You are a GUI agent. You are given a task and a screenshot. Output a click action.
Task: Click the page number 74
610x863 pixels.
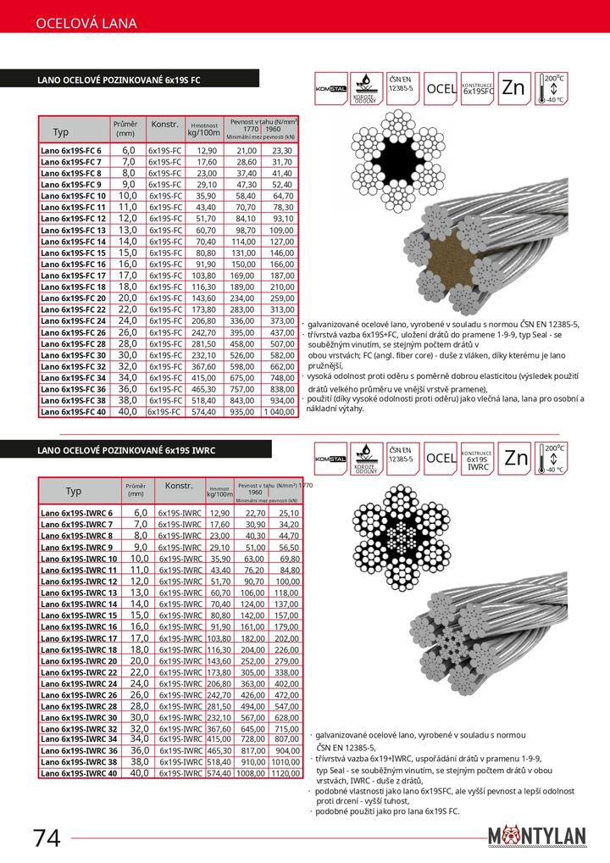coord(47,838)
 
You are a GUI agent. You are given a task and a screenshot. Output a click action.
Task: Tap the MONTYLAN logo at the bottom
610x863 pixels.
coord(537,836)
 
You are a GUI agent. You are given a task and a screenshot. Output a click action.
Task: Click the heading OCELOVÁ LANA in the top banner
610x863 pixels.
coord(86,24)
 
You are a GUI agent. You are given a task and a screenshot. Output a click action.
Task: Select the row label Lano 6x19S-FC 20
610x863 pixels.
coord(73,298)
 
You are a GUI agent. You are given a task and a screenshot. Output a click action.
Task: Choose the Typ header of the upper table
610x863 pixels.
coord(61,132)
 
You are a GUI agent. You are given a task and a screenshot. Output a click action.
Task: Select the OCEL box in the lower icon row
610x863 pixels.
coord(441,459)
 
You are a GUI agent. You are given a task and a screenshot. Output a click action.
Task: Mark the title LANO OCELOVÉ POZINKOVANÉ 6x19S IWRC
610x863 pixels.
coord(127,450)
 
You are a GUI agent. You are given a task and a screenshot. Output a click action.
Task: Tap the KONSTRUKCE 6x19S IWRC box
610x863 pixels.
coord(478,459)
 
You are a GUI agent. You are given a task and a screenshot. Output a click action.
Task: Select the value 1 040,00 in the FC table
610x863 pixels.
coord(280,411)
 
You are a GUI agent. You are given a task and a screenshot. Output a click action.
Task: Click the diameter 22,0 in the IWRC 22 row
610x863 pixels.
coord(136,671)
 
